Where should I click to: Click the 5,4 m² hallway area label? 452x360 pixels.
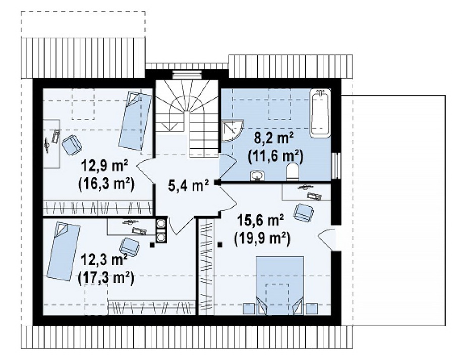coord(188,185)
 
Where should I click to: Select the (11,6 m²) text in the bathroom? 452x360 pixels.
coord(275,157)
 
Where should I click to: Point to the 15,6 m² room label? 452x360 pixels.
coord(260,221)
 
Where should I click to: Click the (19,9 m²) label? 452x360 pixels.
coord(262,239)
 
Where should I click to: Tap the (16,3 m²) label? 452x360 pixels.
coord(106,185)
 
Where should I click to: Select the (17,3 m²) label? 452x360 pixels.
coord(106,278)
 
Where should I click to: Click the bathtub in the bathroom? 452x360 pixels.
coord(320,112)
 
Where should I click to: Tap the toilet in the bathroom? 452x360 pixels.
coord(293,171)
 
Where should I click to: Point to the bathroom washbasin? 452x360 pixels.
coord(257,175)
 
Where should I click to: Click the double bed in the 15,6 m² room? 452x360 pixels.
coord(279,285)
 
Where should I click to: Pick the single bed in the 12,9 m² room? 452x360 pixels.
coord(135,121)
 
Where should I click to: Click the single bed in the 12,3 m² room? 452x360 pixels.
coord(64,251)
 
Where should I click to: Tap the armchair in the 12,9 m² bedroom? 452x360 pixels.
coord(72,145)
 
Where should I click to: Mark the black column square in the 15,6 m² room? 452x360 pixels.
coord(220,245)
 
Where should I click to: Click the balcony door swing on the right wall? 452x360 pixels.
coord(326,237)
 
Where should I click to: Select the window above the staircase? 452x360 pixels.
coord(187,74)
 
